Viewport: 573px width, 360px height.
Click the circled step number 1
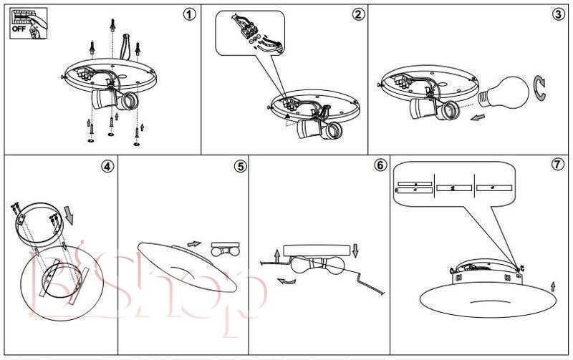[x=189, y=14]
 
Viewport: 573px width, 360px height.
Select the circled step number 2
[x=358, y=14]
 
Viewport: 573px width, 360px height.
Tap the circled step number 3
[x=557, y=14]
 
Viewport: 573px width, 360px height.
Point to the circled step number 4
[x=107, y=167]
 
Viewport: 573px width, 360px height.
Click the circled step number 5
[x=240, y=167]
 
